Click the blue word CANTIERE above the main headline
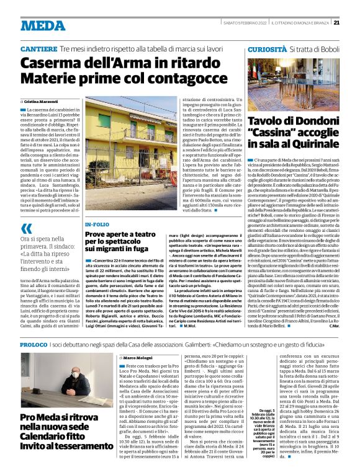[40, 48]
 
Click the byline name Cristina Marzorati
[42, 100]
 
